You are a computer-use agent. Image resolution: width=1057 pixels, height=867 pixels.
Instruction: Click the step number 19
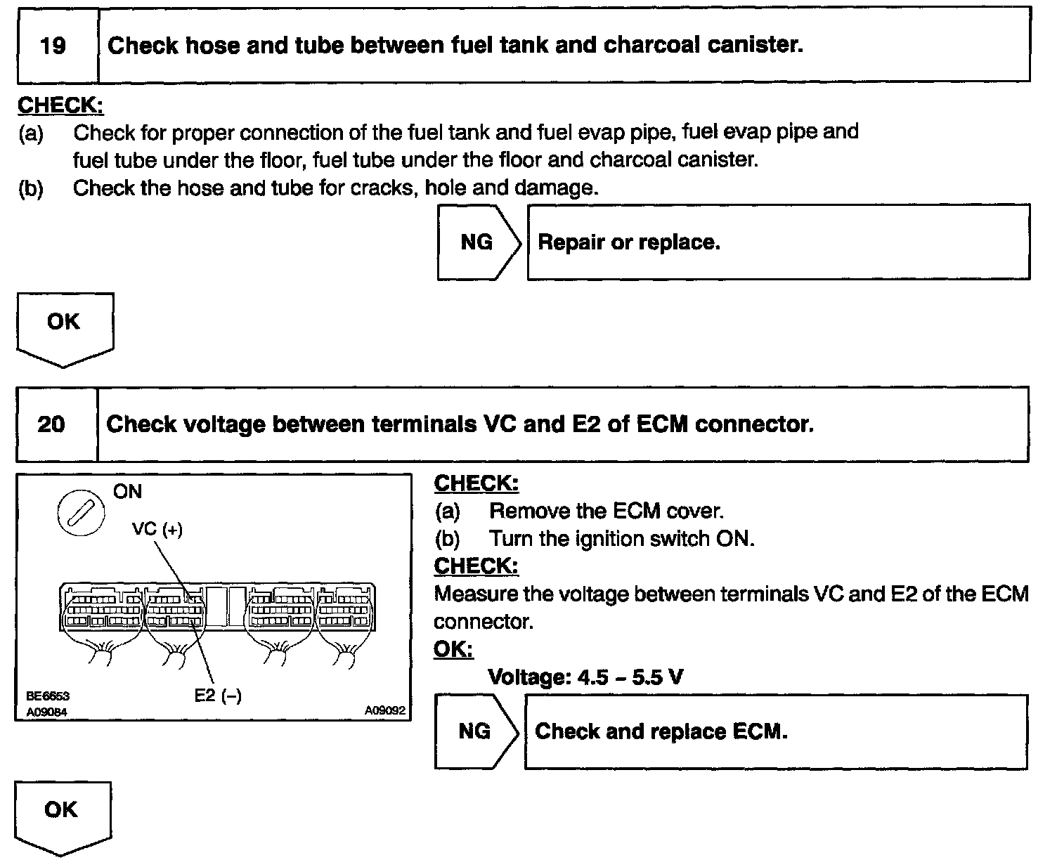click(x=53, y=46)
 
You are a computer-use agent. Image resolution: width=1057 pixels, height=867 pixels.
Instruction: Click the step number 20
click(x=51, y=424)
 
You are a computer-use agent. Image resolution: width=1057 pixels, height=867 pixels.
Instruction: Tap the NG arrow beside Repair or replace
click(x=477, y=242)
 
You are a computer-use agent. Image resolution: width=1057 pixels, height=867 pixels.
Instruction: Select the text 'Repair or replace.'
click(x=629, y=243)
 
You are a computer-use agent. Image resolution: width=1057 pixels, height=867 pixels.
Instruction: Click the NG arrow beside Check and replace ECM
click(x=474, y=731)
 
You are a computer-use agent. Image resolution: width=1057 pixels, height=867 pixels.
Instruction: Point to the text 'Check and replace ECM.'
click(x=661, y=731)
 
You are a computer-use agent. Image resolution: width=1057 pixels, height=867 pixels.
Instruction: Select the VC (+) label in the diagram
click(x=157, y=529)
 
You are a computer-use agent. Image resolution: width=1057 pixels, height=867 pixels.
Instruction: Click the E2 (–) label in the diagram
click(x=218, y=696)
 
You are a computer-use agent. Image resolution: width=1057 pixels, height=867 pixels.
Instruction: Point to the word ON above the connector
click(x=127, y=492)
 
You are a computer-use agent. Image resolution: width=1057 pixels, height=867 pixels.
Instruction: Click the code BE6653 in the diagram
click(x=48, y=697)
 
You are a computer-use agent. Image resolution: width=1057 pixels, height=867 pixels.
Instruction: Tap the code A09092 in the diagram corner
click(x=384, y=711)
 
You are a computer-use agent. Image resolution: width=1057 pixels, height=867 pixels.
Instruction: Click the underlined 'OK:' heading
click(x=453, y=649)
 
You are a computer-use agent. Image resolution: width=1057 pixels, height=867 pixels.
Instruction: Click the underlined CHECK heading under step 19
click(x=60, y=105)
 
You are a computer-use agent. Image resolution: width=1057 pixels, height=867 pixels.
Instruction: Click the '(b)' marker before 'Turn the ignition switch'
click(x=447, y=539)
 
